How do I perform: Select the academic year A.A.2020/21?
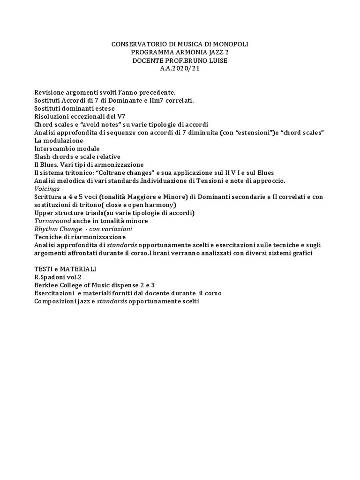point(180,69)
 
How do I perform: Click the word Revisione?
point(49,92)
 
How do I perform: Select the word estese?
point(105,108)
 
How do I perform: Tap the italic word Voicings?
point(47,188)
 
